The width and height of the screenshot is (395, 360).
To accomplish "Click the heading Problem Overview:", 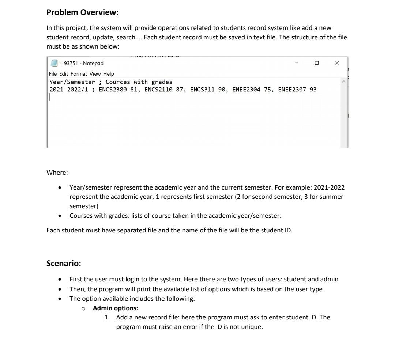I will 83,12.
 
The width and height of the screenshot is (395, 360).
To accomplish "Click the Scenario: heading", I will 64,263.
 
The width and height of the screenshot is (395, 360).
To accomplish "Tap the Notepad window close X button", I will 337,63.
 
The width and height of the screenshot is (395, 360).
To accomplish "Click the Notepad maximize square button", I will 317,63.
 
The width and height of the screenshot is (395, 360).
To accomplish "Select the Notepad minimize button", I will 297,63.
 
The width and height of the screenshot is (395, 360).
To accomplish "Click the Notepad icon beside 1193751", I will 54,64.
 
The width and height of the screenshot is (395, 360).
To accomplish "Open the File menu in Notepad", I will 53,74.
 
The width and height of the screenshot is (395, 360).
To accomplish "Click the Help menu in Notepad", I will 109,74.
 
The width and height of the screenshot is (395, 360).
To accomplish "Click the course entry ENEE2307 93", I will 297,90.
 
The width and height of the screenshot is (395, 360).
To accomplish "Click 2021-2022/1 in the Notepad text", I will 68,90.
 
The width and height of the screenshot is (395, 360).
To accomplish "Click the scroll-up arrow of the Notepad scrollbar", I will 344,82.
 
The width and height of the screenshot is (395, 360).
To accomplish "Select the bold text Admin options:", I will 115,308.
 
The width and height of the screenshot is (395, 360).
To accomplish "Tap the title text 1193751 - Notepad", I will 81,64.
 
